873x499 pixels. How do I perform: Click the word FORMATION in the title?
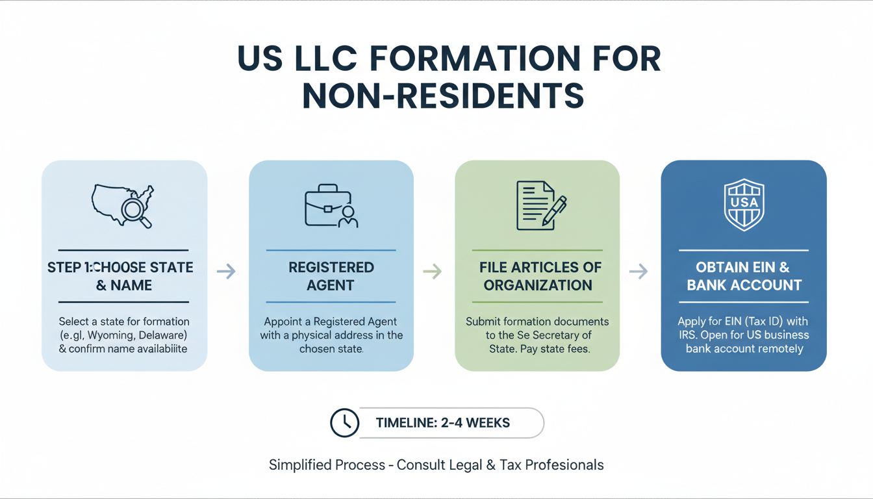point(475,58)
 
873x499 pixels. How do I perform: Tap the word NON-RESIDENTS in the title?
point(443,96)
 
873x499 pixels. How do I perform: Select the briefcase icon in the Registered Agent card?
point(331,205)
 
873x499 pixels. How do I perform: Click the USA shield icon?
point(744,205)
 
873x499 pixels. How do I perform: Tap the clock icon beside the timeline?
point(344,422)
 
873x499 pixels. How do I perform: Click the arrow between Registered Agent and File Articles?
point(433,272)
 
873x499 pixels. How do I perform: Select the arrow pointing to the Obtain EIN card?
point(639,272)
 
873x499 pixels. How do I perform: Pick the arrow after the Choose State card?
point(227,272)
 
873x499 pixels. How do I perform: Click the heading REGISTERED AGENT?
point(331,276)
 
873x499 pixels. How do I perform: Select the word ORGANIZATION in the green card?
point(538,285)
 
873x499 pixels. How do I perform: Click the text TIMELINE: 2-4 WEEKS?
point(443,422)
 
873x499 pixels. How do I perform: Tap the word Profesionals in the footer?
point(564,465)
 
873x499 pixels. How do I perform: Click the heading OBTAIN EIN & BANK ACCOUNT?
point(744,276)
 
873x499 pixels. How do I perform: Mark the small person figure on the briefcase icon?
point(348,217)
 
